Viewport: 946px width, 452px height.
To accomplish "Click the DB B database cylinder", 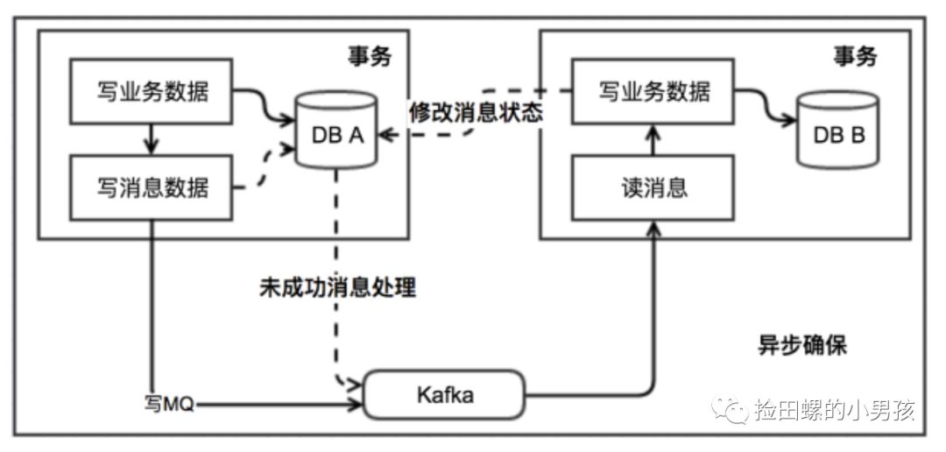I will point(837,134).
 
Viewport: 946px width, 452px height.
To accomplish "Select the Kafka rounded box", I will point(443,395).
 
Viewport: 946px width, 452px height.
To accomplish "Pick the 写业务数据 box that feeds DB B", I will point(653,91).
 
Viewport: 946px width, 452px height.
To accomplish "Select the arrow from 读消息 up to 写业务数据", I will point(653,140).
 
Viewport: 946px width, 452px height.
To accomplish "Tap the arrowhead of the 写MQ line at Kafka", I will point(357,406).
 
